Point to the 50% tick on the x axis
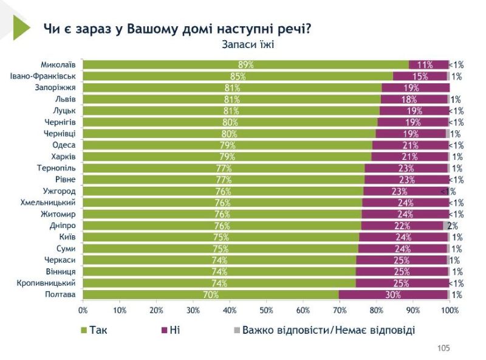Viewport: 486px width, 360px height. coord(266,310)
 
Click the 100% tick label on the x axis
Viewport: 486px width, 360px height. coord(450,310)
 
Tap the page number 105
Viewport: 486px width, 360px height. coord(443,348)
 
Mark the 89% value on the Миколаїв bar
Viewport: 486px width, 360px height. coord(246,64)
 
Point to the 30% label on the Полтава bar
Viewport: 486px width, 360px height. coord(392,295)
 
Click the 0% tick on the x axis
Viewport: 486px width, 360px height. coord(83,310)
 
